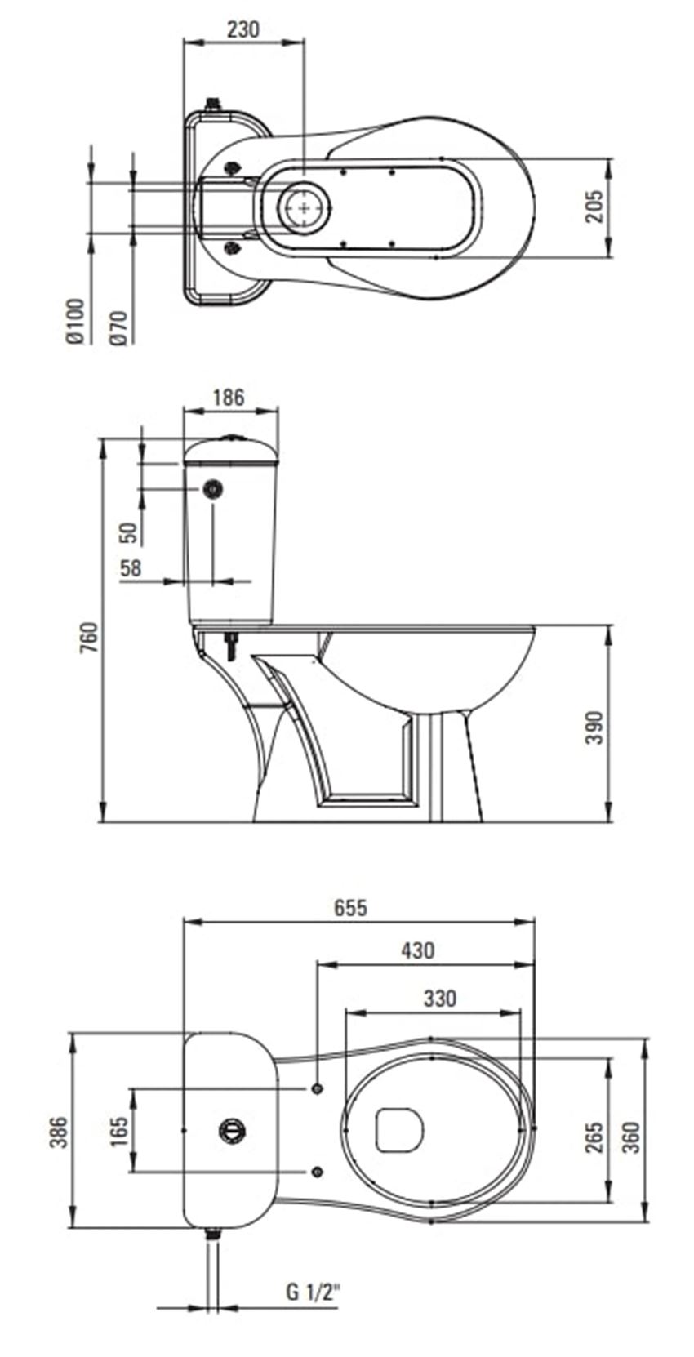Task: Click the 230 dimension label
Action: (x=242, y=30)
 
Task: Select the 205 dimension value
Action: (x=594, y=206)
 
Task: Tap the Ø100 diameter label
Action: (x=75, y=320)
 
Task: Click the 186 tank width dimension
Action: (x=229, y=398)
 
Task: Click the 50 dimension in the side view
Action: (x=130, y=532)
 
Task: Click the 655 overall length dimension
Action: (x=349, y=907)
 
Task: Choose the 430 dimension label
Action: (x=417, y=950)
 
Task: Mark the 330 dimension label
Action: (x=439, y=998)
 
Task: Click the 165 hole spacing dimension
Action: (x=119, y=1132)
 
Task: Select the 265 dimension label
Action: (x=594, y=1137)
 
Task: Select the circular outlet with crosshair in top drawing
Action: (x=305, y=208)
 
